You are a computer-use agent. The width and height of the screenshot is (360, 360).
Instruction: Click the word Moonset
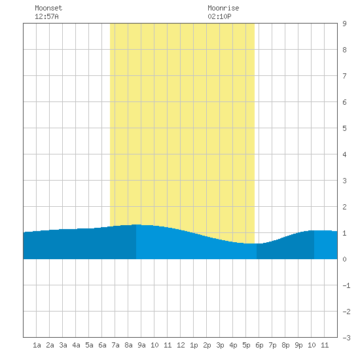(x=48, y=8)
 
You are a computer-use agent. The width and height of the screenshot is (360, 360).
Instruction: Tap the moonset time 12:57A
(x=46, y=16)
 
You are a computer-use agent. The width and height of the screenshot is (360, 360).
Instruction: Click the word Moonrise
(x=223, y=8)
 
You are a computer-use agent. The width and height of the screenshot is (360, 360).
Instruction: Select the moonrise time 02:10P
(x=219, y=16)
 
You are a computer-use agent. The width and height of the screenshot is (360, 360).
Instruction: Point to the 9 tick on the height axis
(x=344, y=24)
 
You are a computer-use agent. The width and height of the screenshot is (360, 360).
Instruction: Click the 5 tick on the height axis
(x=344, y=128)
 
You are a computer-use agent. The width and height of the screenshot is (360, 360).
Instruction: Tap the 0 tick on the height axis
(x=344, y=259)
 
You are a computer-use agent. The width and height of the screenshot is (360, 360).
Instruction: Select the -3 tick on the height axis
(x=347, y=338)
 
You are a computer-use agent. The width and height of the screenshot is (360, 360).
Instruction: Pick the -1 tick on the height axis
(x=347, y=285)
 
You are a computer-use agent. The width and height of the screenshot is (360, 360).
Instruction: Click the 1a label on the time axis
(x=37, y=345)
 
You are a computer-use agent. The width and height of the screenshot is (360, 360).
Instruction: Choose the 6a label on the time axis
(x=102, y=345)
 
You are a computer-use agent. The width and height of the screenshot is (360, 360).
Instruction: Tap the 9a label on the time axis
(x=141, y=345)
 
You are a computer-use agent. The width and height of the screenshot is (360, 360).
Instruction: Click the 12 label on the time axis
(x=181, y=345)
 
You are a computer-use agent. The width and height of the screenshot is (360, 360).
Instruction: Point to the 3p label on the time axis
(x=220, y=345)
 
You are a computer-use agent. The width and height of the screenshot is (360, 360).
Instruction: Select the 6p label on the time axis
(x=259, y=345)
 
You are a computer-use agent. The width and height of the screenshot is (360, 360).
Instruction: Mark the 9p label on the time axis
(x=298, y=345)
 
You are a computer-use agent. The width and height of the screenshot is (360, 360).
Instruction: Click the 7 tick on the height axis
(x=344, y=76)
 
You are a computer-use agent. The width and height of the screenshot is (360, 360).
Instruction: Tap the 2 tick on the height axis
(x=344, y=207)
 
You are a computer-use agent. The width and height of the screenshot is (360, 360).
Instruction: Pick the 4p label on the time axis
(x=233, y=345)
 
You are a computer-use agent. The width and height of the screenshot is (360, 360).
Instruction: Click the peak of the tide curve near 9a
(x=137, y=225)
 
